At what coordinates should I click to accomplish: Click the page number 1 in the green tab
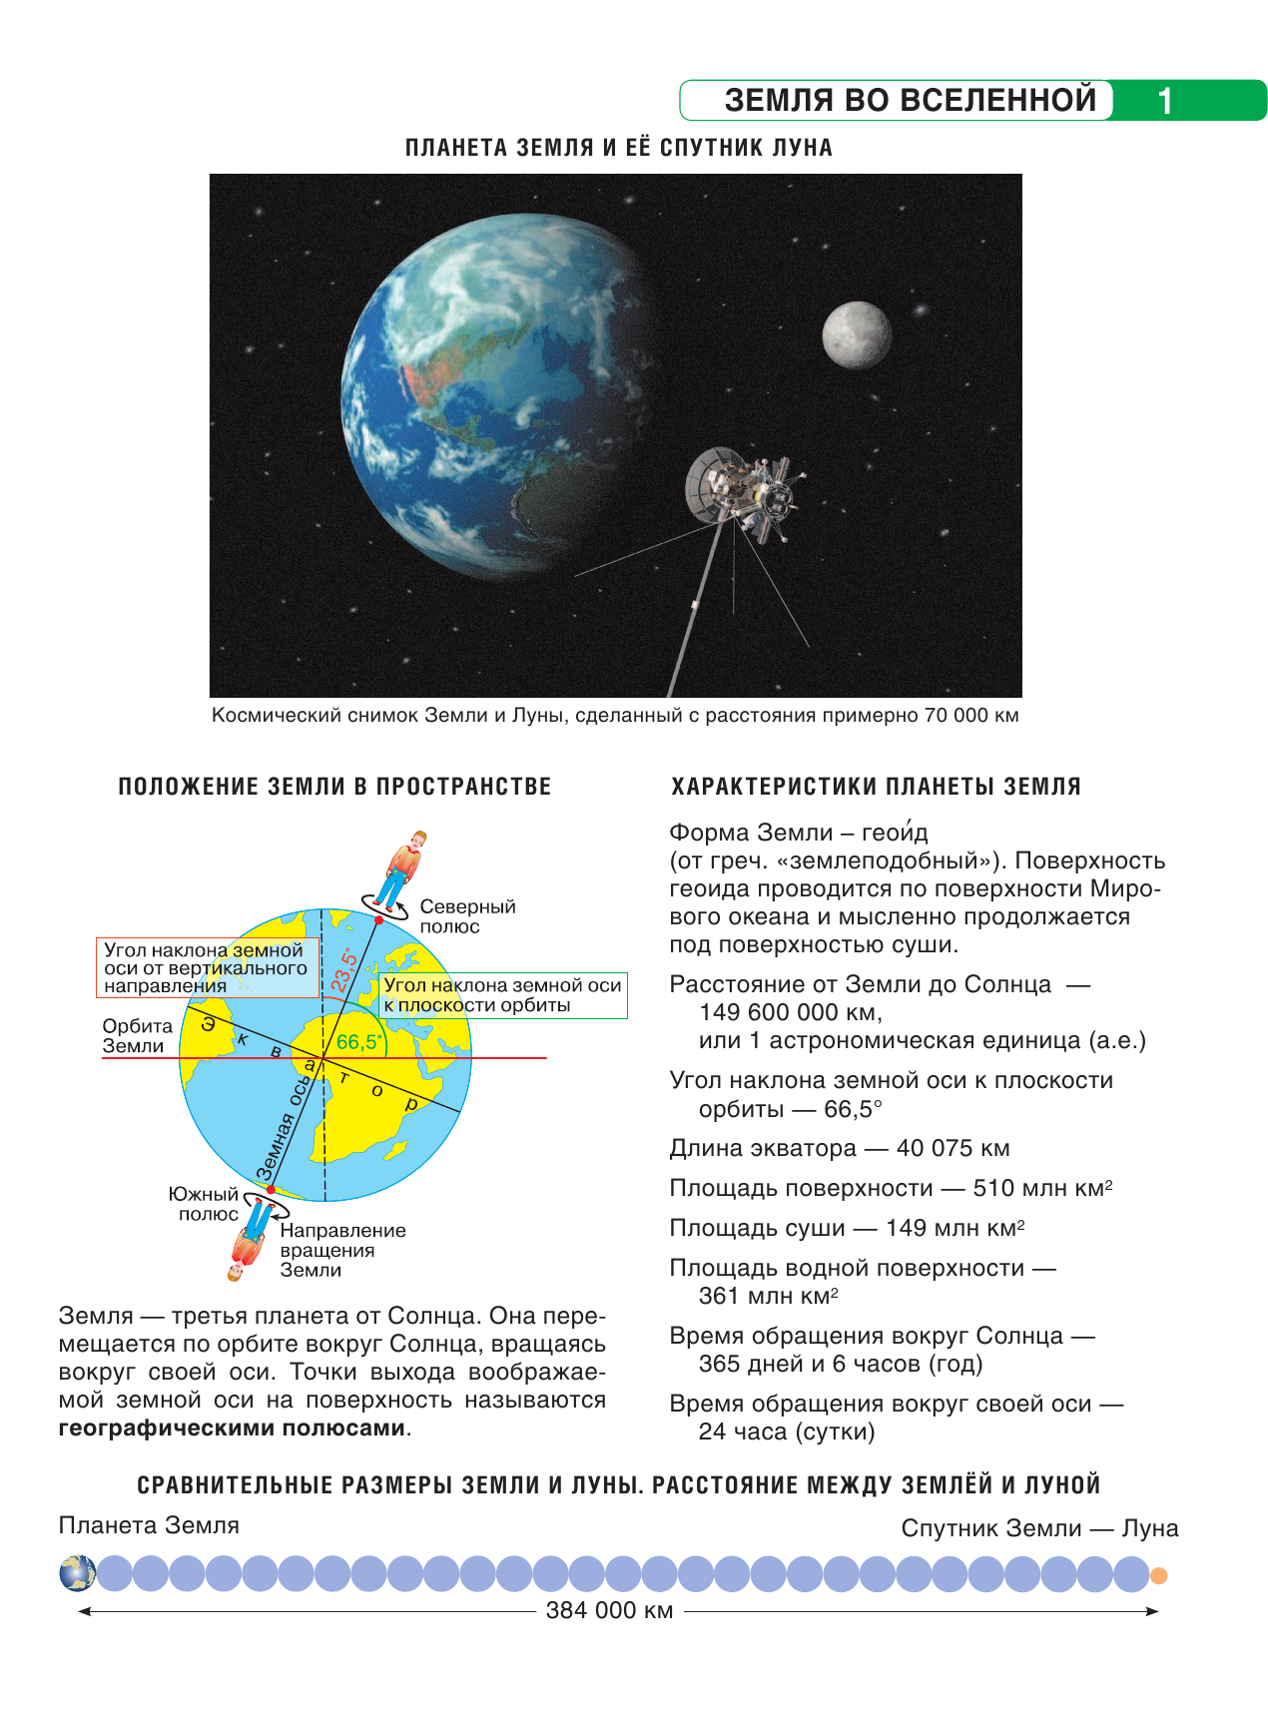click(1164, 102)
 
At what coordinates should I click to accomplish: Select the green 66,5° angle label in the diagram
click(358, 1042)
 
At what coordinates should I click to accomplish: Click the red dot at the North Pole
click(379, 919)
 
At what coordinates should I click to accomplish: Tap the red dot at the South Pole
click(270, 1190)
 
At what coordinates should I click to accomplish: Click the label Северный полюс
click(466, 916)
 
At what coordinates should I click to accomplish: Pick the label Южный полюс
click(205, 1204)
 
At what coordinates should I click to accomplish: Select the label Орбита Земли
click(138, 1035)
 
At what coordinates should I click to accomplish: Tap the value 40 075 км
click(952, 1148)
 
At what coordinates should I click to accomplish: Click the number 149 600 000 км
click(790, 1012)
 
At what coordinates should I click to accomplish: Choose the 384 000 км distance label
click(609, 1610)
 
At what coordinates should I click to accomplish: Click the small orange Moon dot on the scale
click(1158, 1576)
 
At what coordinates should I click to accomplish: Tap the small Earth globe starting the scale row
click(77, 1573)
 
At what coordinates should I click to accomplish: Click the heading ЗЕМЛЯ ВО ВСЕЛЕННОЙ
click(910, 101)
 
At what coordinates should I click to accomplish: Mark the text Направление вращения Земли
click(342, 1250)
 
